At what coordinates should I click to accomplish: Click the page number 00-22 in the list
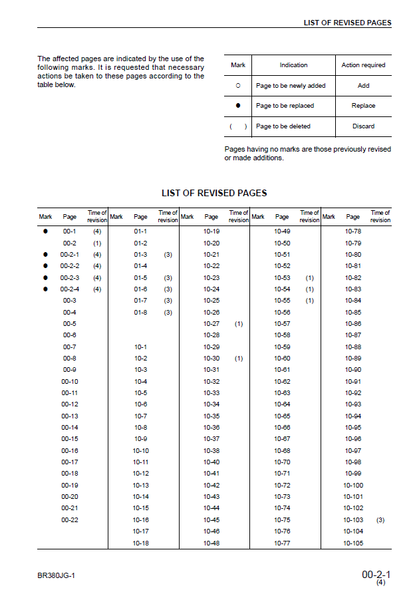70,520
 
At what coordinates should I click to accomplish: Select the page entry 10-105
353,543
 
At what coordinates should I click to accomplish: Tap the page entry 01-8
140,312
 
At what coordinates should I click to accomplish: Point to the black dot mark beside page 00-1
45,231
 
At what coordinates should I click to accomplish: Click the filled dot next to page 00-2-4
45,289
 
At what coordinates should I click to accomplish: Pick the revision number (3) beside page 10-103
380,520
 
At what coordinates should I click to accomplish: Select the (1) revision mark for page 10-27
239,323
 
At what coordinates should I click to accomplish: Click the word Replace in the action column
363,106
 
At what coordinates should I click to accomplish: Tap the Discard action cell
363,126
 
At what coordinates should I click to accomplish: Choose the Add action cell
363,86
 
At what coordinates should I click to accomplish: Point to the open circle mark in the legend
238,86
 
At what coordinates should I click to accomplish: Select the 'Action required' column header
363,65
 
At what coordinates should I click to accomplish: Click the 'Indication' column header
293,65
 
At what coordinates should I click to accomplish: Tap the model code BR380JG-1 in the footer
57,575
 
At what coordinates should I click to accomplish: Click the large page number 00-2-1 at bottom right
376,573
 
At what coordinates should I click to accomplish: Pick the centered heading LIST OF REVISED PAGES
214,193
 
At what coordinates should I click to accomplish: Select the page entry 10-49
282,231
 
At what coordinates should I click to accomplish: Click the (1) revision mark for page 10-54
310,289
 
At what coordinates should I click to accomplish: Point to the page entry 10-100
353,485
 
